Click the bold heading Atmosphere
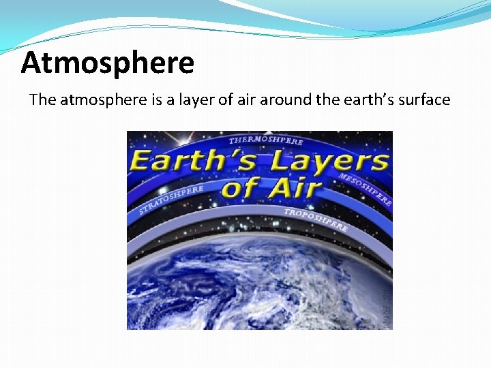pyautogui.click(x=108, y=63)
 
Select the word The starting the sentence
pyautogui.click(x=43, y=100)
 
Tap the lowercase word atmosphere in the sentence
pyautogui.click(x=103, y=100)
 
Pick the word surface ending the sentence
pyautogui.click(x=425, y=100)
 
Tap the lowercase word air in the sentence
pyautogui.click(x=243, y=100)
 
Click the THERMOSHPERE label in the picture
pyautogui.click(x=266, y=140)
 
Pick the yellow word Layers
pyautogui.click(x=329, y=162)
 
